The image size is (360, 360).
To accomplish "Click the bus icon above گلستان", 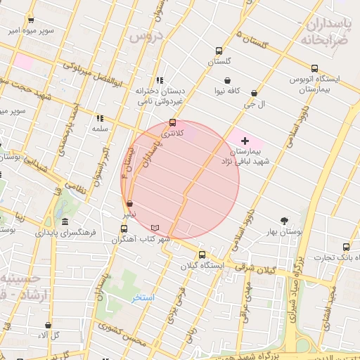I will [x=219, y=51].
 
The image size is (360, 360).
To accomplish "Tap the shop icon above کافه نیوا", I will [x=227, y=80].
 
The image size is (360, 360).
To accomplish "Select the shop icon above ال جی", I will [x=254, y=93].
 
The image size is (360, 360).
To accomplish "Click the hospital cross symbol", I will [x=245, y=141].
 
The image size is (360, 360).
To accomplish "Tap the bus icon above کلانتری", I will [x=173, y=122].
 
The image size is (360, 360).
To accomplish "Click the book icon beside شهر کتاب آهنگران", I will [x=155, y=228].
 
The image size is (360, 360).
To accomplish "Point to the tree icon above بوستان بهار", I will [x=285, y=221].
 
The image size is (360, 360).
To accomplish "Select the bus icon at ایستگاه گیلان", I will [x=202, y=255].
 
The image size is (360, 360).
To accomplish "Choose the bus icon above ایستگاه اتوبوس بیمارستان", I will [x=314, y=69].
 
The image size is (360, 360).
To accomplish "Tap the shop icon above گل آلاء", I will [x=48, y=326].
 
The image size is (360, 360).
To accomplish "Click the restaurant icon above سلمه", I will [x=100, y=119].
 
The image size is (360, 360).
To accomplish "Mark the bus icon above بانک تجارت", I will [x=346, y=246].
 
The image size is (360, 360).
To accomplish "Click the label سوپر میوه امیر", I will [x=29, y=31].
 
